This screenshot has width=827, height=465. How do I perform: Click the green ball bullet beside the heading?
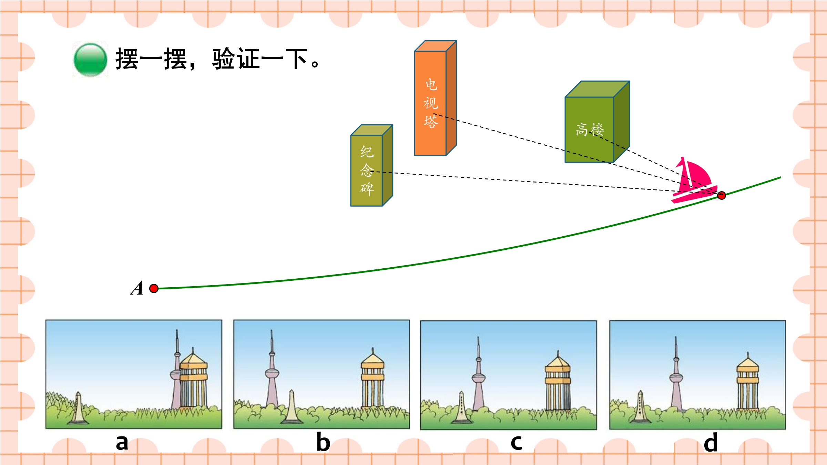(90, 60)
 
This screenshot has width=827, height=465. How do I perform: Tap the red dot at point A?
(154, 288)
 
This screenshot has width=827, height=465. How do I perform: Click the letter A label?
(137, 288)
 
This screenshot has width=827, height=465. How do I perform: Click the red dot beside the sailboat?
(721, 195)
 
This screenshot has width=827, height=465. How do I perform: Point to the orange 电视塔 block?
(435, 98)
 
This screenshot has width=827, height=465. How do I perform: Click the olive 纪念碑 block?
(371, 166)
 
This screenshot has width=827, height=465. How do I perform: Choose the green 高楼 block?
(597, 122)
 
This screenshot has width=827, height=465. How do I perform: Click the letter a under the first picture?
(122, 443)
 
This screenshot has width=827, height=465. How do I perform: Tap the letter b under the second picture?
(323, 442)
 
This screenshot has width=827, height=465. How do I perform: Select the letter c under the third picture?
(516, 443)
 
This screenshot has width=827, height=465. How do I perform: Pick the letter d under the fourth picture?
(711, 442)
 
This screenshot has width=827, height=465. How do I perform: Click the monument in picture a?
(78, 408)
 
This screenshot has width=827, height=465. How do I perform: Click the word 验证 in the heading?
(236, 59)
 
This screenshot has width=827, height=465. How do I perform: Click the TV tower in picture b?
(272, 369)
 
